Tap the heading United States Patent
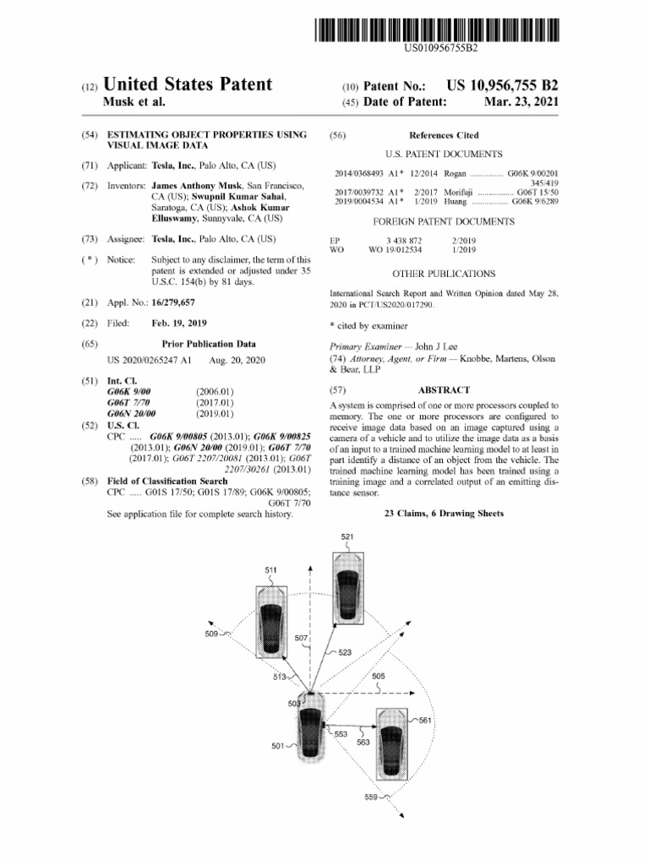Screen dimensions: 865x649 click(188, 84)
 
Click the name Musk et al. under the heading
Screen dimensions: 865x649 click(134, 103)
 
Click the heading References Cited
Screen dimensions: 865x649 click(444, 134)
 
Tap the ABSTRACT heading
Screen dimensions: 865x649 click(444, 389)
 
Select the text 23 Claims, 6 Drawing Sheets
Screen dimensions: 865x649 click(444, 514)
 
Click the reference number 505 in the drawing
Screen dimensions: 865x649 click(378, 677)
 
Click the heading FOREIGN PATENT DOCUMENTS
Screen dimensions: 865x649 click(444, 221)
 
